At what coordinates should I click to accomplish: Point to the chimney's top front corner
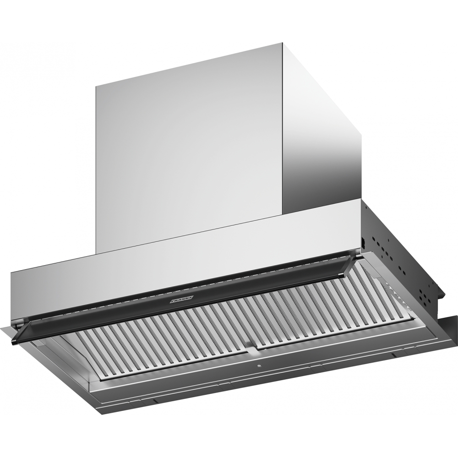(281, 44)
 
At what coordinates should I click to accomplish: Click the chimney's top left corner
(96, 87)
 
